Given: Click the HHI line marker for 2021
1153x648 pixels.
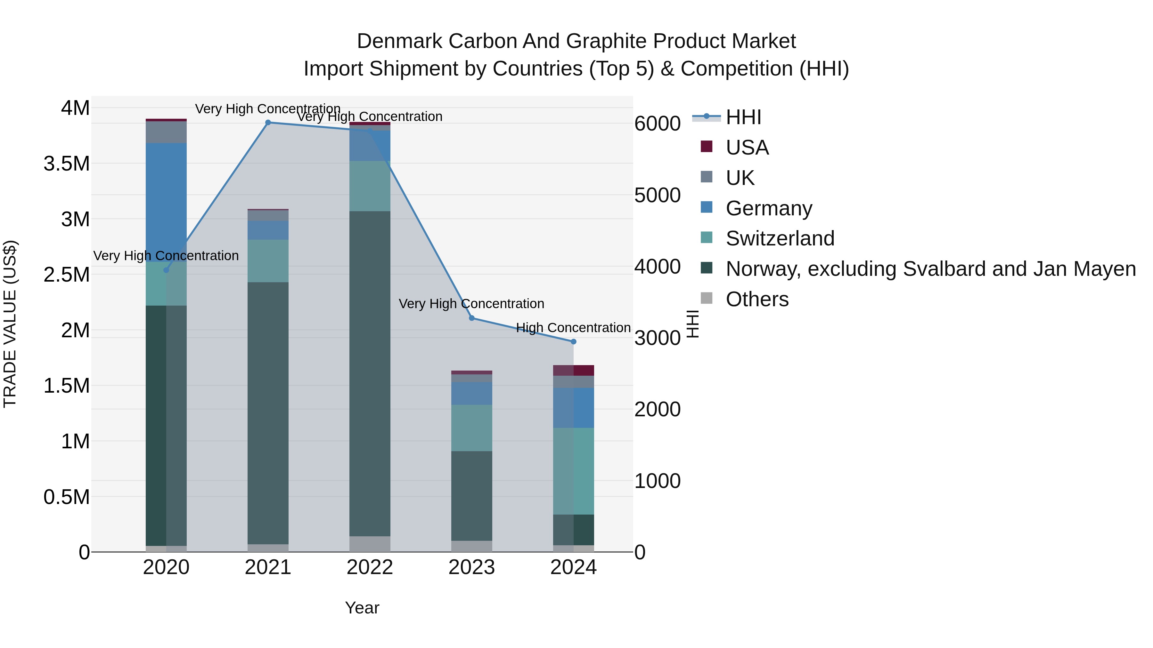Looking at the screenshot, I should (x=268, y=123).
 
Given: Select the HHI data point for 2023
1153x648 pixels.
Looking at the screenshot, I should (x=471, y=318).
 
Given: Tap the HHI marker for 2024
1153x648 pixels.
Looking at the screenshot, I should (x=573, y=342).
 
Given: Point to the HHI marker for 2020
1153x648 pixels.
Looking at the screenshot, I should (x=166, y=270).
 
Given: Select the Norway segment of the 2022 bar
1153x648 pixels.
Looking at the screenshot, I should (x=370, y=373).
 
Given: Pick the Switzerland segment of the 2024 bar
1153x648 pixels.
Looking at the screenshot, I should (x=573, y=471).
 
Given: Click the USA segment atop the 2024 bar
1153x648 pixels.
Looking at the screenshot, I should (x=573, y=370).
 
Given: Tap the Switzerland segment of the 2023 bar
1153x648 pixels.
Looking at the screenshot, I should (x=471, y=428).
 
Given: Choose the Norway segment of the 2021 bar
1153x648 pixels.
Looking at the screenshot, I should (x=268, y=413).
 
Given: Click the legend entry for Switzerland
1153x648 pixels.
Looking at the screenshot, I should (x=780, y=238).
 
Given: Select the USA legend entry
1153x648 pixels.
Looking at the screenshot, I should (x=747, y=148).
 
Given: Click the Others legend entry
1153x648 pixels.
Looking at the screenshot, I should (x=757, y=299).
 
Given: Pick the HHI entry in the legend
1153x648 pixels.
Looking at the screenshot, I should (x=743, y=117).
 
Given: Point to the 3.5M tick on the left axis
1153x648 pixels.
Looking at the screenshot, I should (x=67, y=164).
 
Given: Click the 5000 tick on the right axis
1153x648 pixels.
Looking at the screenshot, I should (x=657, y=196).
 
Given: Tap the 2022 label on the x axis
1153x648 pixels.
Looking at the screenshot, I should (x=370, y=567).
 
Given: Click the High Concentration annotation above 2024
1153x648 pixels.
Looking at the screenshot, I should (x=573, y=328).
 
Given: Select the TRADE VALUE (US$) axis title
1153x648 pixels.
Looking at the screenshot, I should (x=10, y=324).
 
